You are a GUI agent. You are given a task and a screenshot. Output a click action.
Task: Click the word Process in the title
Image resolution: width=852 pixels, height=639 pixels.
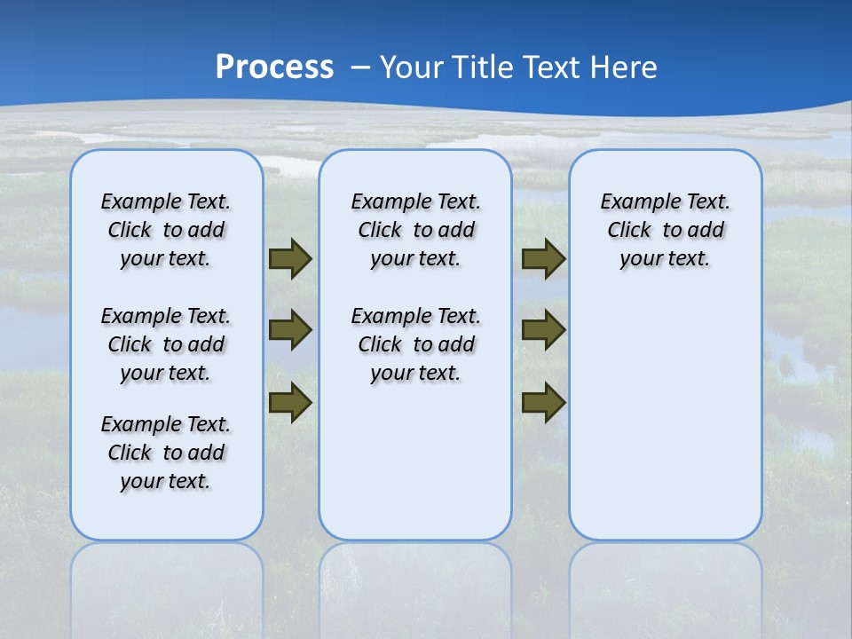point(274,67)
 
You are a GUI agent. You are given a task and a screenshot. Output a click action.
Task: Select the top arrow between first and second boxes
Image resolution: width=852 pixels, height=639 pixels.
point(290,259)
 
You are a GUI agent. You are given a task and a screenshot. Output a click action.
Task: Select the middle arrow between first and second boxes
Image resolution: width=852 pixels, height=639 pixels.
point(290,330)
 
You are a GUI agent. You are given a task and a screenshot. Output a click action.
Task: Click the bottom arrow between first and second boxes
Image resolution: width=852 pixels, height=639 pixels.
point(290,403)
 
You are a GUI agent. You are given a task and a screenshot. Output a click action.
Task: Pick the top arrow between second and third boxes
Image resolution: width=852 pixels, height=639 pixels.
point(543,259)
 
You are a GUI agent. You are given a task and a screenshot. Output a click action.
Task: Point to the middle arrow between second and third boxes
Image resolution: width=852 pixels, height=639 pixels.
point(543,330)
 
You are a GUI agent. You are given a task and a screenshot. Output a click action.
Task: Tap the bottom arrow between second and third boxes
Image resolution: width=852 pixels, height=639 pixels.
point(543,403)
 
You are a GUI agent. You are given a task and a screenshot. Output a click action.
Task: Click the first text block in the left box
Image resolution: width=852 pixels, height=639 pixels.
point(166,230)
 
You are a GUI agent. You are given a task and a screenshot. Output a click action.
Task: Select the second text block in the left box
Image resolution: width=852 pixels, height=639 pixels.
point(166,344)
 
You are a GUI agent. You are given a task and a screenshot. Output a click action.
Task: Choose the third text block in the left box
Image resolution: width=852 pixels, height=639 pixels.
point(166,453)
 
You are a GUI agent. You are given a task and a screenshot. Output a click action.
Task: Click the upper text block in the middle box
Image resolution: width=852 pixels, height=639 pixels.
point(415,230)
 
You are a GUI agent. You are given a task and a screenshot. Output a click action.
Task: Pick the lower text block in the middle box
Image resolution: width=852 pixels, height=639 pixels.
point(415,344)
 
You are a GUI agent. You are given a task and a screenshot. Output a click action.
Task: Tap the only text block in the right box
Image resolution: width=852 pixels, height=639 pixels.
point(665,230)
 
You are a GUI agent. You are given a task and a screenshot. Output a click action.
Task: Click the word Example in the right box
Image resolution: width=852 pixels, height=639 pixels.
point(633,202)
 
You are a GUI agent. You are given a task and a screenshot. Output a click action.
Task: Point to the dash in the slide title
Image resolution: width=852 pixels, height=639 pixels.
point(361,67)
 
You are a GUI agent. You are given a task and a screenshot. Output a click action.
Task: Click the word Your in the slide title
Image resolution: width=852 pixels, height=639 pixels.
point(412,67)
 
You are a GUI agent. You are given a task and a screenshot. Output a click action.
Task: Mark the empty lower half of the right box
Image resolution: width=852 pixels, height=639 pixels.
point(665,426)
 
